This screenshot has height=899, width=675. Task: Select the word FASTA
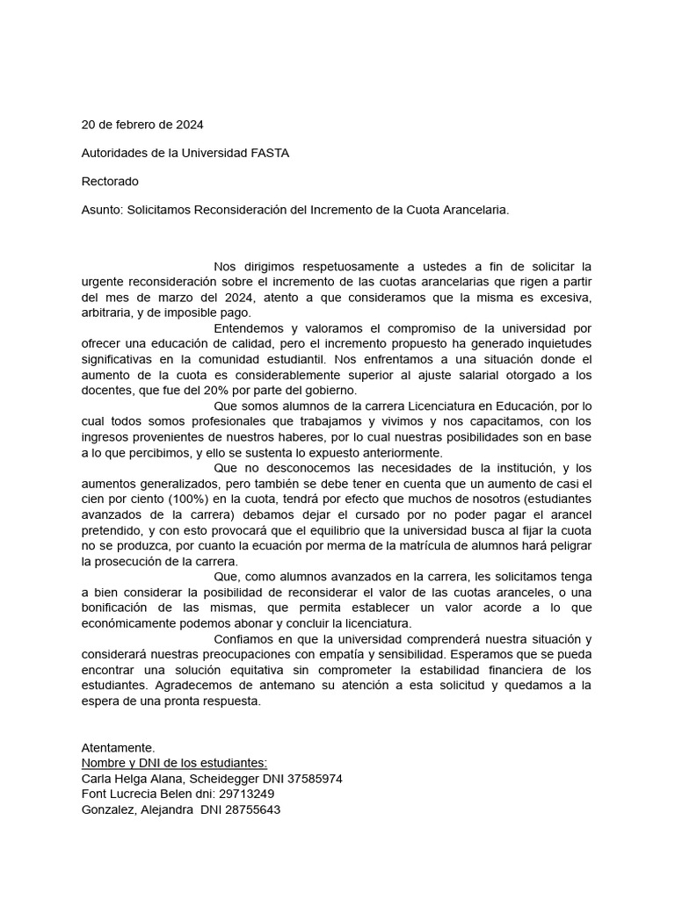[x=270, y=153]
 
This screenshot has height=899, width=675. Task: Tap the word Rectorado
[x=110, y=182]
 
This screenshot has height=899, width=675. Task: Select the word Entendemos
[x=249, y=328]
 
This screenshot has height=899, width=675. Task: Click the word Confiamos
[x=247, y=639]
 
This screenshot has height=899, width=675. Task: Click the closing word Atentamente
[x=118, y=747]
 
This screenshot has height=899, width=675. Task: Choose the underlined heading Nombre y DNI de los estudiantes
[x=174, y=763]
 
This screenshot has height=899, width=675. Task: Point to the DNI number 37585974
[x=312, y=778]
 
